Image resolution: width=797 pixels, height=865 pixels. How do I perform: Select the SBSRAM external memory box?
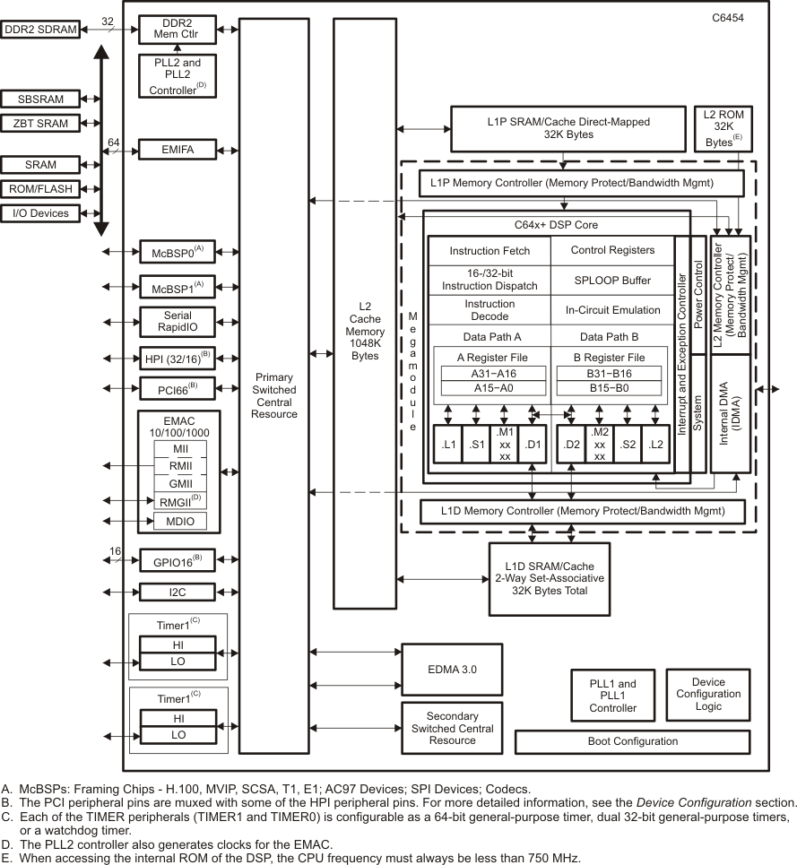coord(40,99)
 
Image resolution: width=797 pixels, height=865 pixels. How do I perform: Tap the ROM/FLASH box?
coord(40,189)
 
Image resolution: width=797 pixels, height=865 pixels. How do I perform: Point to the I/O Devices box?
coord(40,213)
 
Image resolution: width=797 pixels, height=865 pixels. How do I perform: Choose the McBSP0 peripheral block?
coord(178,253)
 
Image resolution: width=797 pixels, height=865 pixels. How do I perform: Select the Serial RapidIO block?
coord(178,321)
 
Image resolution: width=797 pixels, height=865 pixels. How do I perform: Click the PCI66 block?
coord(178,390)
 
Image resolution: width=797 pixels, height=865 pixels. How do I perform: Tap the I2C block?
coord(178,592)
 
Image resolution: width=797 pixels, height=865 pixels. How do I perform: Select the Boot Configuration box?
coord(632,741)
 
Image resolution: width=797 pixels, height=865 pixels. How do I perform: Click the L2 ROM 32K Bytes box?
coord(724,128)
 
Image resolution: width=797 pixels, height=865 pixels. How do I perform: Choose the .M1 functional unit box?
coord(505,443)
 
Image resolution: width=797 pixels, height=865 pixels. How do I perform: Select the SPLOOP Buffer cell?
coord(612,280)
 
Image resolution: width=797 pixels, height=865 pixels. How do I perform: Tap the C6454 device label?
coord(726,19)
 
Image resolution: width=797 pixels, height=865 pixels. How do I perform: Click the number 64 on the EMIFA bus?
coord(114,143)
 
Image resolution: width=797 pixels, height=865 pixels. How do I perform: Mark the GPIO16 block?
coord(178,561)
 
